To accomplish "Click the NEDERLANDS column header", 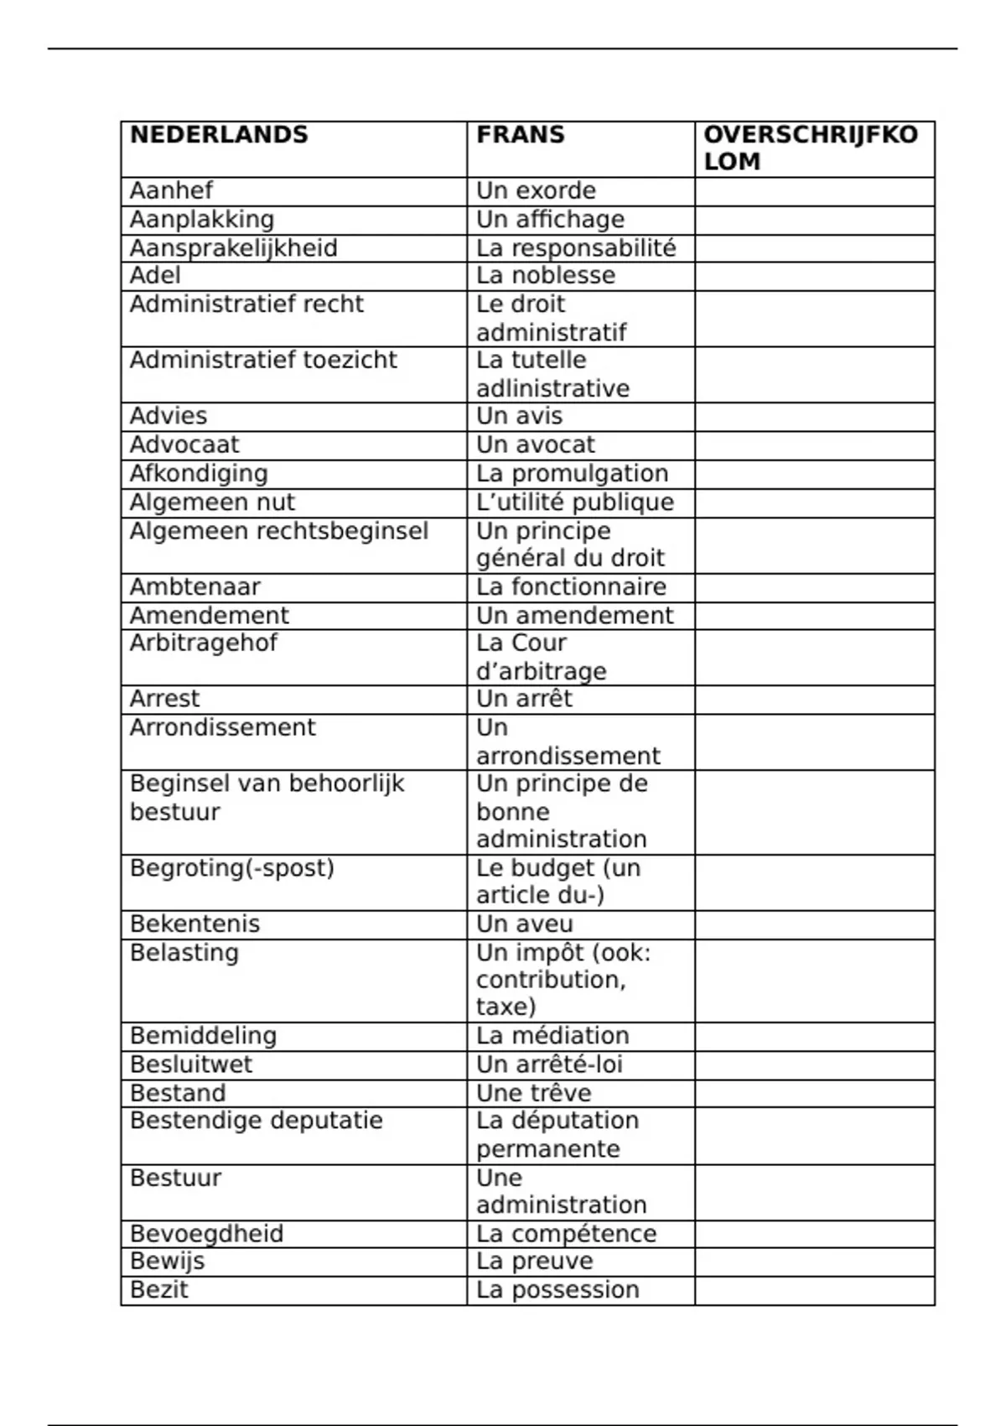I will click(x=219, y=135).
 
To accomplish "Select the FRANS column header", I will click(x=521, y=135).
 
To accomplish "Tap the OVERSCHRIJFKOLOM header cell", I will click(x=811, y=148).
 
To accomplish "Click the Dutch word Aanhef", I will click(x=171, y=190).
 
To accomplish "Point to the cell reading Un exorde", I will click(x=536, y=190).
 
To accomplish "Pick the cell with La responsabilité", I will click(x=576, y=247).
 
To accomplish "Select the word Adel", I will click(x=155, y=275).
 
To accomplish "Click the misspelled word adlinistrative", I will click(x=552, y=388).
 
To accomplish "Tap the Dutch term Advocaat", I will click(x=184, y=445).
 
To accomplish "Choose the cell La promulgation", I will click(x=572, y=473).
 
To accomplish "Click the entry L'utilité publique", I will click(x=575, y=502).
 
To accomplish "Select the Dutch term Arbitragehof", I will click(x=203, y=643).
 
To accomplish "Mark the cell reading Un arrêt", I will click(x=524, y=699).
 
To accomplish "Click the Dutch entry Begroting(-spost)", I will click(x=232, y=867).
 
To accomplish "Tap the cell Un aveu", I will click(x=525, y=924).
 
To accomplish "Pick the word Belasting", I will click(x=184, y=952).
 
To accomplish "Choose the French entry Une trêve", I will click(x=533, y=1093).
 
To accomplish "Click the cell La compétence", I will click(x=566, y=1233).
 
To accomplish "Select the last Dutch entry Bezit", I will click(x=159, y=1289).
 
